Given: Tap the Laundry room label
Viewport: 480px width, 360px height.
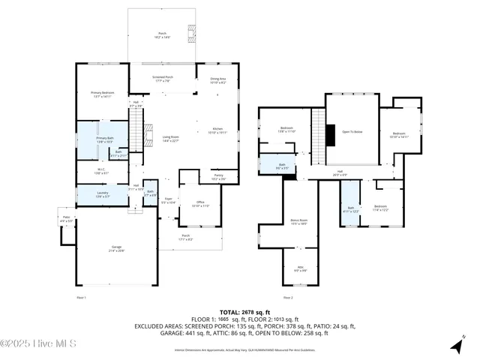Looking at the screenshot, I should [x=103, y=193].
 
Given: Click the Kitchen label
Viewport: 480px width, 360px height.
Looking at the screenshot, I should [x=217, y=130].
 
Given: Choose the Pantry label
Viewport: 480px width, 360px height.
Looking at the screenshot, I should [x=218, y=176].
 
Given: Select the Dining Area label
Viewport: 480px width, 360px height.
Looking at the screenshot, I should [x=217, y=79].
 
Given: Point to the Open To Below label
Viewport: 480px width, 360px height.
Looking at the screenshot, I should [x=352, y=132].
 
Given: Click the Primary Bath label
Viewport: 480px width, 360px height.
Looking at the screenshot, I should [x=104, y=140].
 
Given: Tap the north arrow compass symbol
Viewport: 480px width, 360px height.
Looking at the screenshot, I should [x=456, y=345].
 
